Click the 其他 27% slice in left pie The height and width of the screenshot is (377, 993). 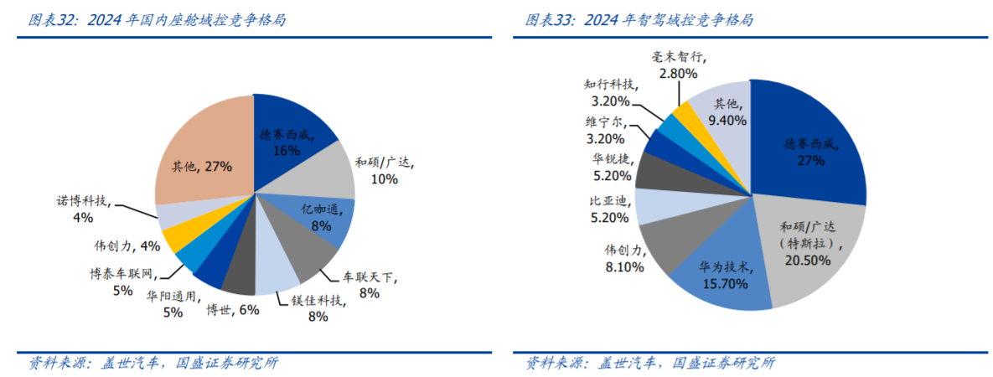(x=201, y=159)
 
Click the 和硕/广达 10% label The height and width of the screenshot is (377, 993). (x=385, y=170)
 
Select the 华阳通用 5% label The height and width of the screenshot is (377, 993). (x=173, y=304)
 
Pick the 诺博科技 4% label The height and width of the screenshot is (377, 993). (x=83, y=209)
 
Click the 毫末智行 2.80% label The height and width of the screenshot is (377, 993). (x=679, y=66)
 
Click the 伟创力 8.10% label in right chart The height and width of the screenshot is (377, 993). (x=623, y=259)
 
